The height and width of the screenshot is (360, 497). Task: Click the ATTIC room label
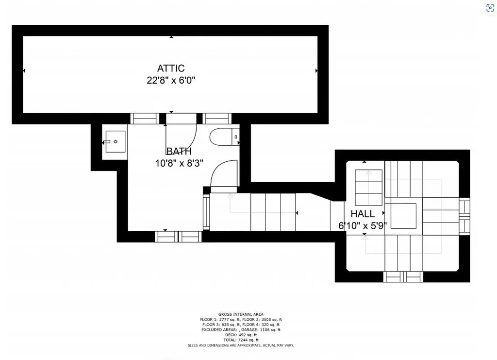click(x=171, y=68)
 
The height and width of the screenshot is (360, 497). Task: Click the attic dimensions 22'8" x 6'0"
click(x=171, y=80)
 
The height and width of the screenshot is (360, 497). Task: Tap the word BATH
click(x=179, y=151)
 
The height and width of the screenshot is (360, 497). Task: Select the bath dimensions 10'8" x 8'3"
click(x=179, y=163)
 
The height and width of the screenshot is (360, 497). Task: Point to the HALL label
click(x=363, y=213)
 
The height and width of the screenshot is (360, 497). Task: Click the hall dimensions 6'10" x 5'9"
click(x=363, y=226)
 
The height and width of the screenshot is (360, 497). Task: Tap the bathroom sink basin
click(x=116, y=141)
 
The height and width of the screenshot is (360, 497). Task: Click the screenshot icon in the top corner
click(x=490, y=8)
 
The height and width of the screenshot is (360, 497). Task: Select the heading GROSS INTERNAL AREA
click(x=241, y=314)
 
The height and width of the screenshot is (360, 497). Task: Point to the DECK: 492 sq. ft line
click(x=241, y=335)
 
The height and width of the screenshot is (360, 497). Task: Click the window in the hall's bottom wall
click(x=403, y=277)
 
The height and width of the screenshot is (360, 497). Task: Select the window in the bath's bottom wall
click(x=178, y=237)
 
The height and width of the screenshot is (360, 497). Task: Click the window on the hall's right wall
click(x=464, y=216)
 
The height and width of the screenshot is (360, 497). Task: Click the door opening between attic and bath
click(x=182, y=119)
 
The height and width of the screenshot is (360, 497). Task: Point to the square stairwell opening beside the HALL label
click(x=403, y=216)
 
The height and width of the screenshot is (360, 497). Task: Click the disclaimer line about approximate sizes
click(x=241, y=345)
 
